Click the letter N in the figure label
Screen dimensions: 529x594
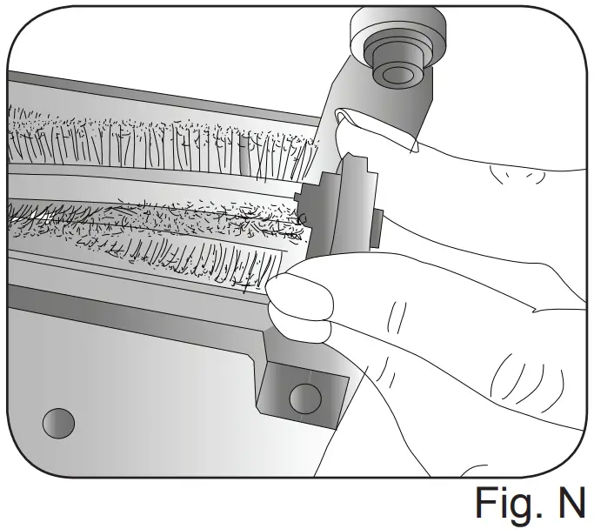(x=569, y=503)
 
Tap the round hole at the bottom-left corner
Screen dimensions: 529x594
(x=59, y=424)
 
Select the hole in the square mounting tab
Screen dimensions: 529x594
(x=303, y=398)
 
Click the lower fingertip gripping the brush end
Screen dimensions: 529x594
(x=300, y=300)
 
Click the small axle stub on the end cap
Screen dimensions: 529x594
(x=377, y=224)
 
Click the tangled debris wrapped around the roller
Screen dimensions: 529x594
(x=157, y=218)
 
